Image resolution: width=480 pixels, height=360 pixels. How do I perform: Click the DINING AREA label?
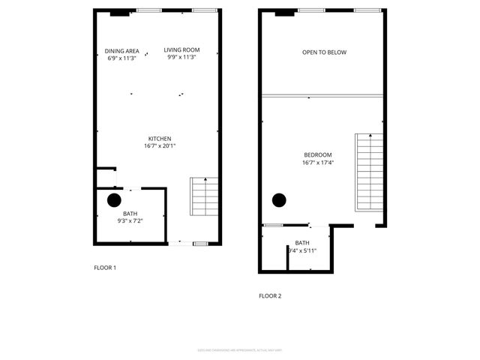click(x=122, y=50)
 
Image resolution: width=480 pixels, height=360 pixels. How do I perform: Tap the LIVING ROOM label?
click(x=181, y=50)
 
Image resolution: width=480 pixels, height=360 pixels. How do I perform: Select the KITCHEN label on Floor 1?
click(x=160, y=139)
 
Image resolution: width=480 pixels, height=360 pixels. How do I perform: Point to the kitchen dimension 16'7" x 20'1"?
click(x=160, y=146)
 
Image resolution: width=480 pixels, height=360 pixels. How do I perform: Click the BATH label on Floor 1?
click(x=130, y=214)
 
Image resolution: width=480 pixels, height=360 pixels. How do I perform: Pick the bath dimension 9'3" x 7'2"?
click(x=130, y=221)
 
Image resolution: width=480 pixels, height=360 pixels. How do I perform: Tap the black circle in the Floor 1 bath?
click(x=114, y=200)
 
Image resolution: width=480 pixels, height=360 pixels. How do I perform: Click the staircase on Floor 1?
click(x=204, y=196)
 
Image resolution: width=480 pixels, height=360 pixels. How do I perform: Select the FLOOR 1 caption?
click(x=104, y=268)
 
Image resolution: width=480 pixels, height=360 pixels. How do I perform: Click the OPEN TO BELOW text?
click(x=324, y=52)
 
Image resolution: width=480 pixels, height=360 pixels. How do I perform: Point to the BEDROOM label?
click(x=318, y=154)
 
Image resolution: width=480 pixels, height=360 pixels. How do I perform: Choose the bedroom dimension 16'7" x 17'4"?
click(x=318, y=162)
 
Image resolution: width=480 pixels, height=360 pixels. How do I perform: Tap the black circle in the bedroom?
click(x=279, y=199)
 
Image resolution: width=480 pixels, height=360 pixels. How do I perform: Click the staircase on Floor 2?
click(x=369, y=172)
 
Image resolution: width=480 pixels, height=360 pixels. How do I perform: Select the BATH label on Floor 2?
click(x=302, y=243)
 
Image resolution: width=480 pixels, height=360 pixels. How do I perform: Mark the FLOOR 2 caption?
click(x=270, y=296)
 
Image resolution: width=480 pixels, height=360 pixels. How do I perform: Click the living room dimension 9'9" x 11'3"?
click(x=181, y=58)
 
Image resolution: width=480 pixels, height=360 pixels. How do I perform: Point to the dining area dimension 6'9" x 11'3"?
click(x=122, y=58)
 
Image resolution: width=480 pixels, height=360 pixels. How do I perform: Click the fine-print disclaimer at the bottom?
click(x=240, y=349)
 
